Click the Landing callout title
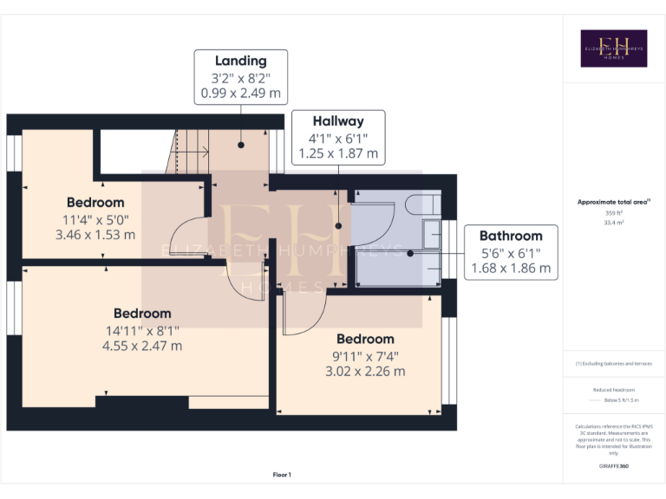[x=240, y=61]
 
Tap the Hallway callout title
[x=338, y=121]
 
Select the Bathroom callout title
[x=511, y=236]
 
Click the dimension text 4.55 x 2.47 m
[x=142, y=346]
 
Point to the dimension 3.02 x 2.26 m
[x=365, y=372]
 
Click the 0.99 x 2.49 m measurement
[x=240, y=93]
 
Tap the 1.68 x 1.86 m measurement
[x=511, y=268]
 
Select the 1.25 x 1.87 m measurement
[x=338, y=153]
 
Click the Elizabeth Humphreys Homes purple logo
[x=613, y=49]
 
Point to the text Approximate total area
[x=612, y=202]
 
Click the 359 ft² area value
[x=613, y=212]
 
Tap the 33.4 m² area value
[x=613, y=222]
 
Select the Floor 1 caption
[x=282, y=475]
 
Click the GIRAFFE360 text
[x=613, y=467]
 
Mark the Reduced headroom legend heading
[x=613, y=391]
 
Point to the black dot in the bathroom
[x=410, y=254]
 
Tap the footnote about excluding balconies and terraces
[x=613, y=364]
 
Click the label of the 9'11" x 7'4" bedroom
[x=365, y=339]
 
